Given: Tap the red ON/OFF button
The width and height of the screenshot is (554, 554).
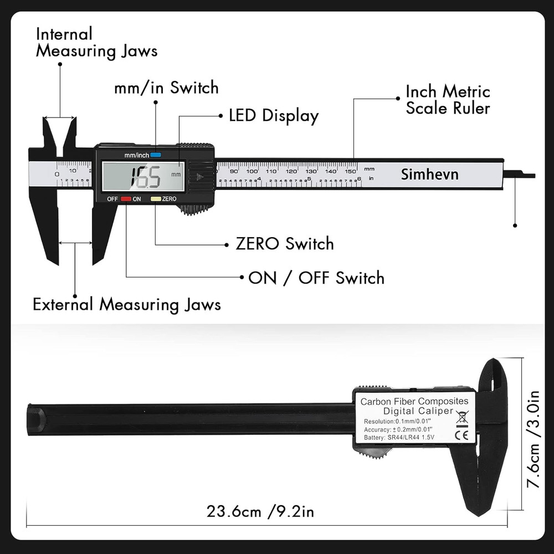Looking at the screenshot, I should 126,198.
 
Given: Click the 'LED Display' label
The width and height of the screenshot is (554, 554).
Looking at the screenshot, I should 274,116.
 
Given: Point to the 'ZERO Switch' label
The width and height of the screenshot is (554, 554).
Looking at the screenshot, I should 285,244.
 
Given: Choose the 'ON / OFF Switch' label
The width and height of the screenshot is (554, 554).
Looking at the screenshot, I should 316,278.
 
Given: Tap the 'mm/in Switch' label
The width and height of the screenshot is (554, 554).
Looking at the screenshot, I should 166,88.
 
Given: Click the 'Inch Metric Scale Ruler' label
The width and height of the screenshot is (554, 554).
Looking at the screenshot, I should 448,99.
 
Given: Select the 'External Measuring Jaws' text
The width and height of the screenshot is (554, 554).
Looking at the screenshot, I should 126,304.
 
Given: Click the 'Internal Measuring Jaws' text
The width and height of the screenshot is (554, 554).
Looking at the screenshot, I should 96,42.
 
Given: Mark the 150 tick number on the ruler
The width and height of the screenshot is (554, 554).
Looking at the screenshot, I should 351,171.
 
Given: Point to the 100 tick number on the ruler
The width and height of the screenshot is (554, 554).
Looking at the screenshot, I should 252,171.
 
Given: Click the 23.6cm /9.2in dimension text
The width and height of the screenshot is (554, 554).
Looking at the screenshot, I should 260,511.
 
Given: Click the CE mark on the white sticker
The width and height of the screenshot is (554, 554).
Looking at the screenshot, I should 461,435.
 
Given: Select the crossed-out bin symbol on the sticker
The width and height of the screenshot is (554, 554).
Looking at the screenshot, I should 461,417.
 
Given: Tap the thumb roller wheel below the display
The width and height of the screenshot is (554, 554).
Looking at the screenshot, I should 196,209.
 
